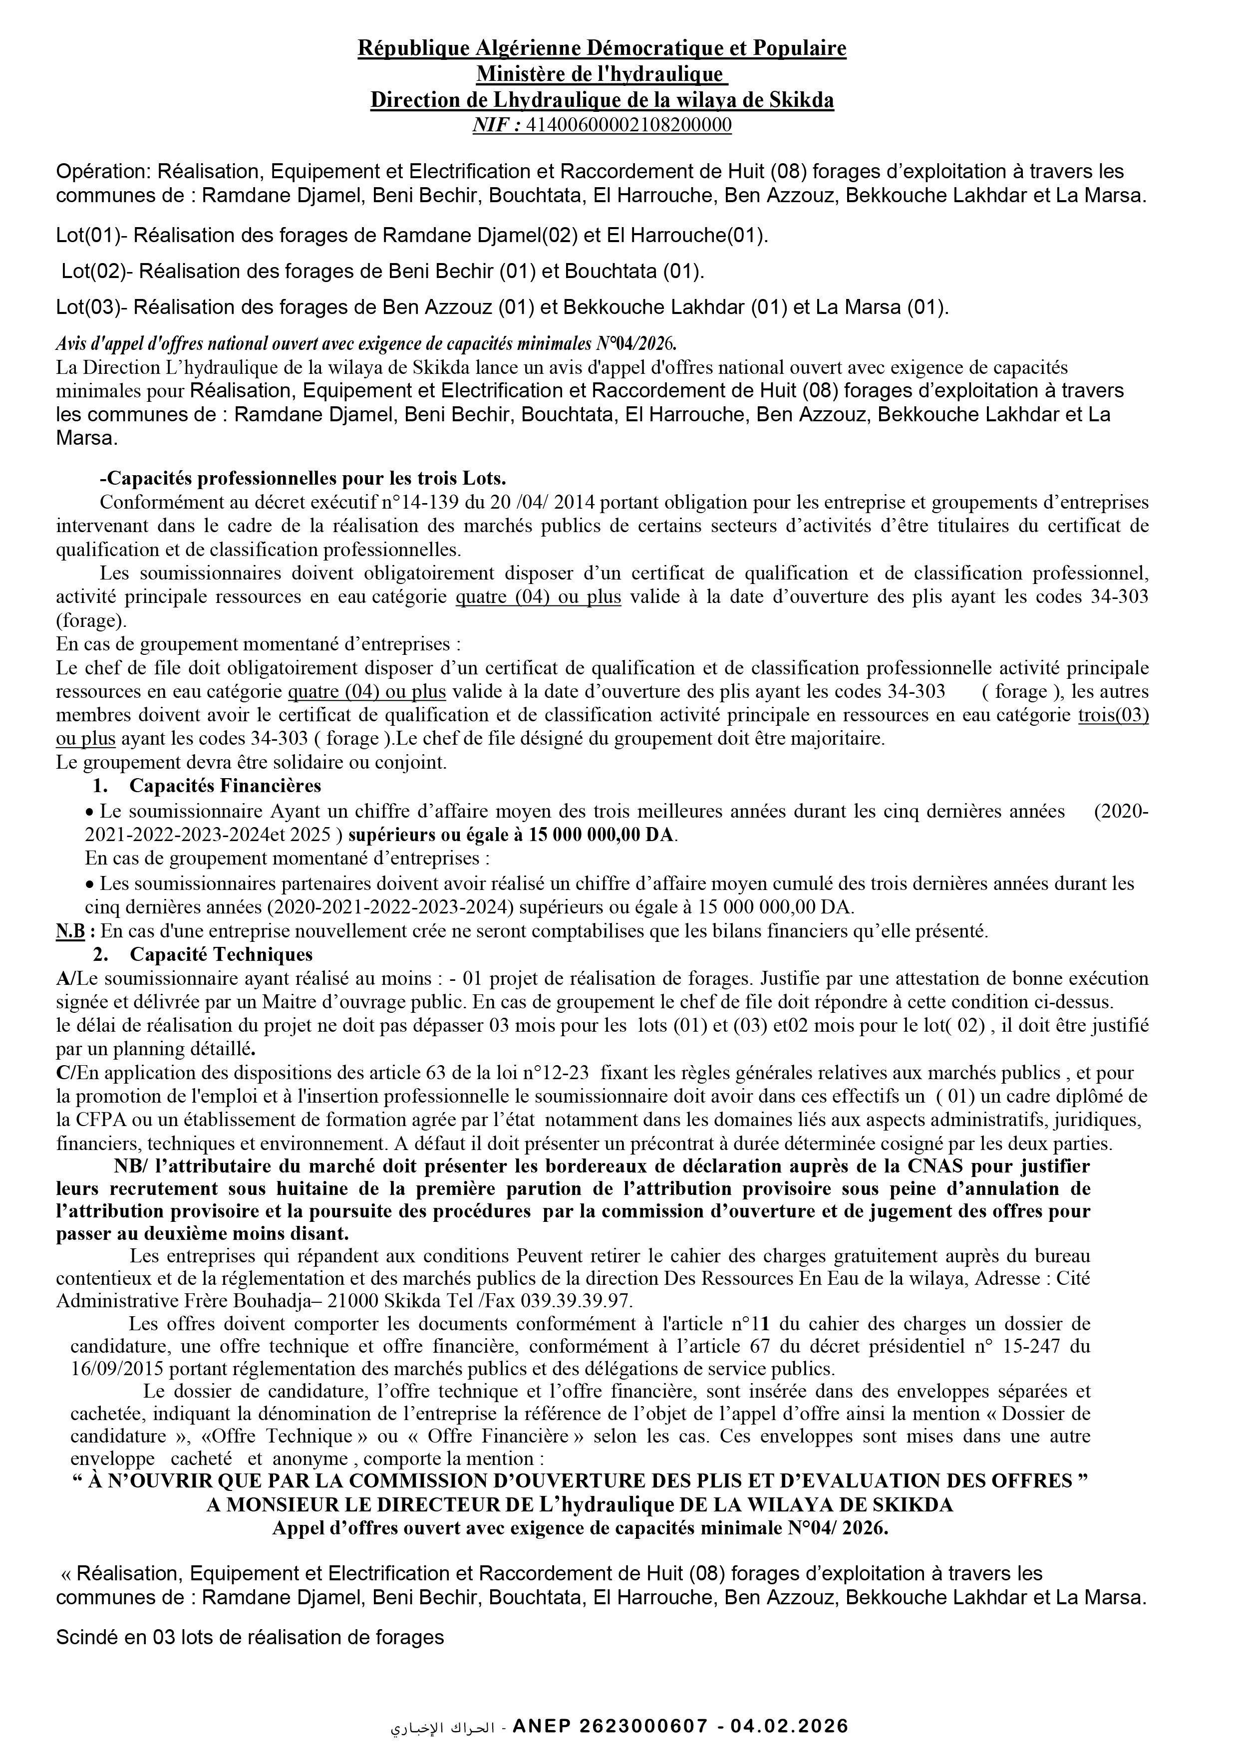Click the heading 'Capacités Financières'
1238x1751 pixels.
point(225,786)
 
